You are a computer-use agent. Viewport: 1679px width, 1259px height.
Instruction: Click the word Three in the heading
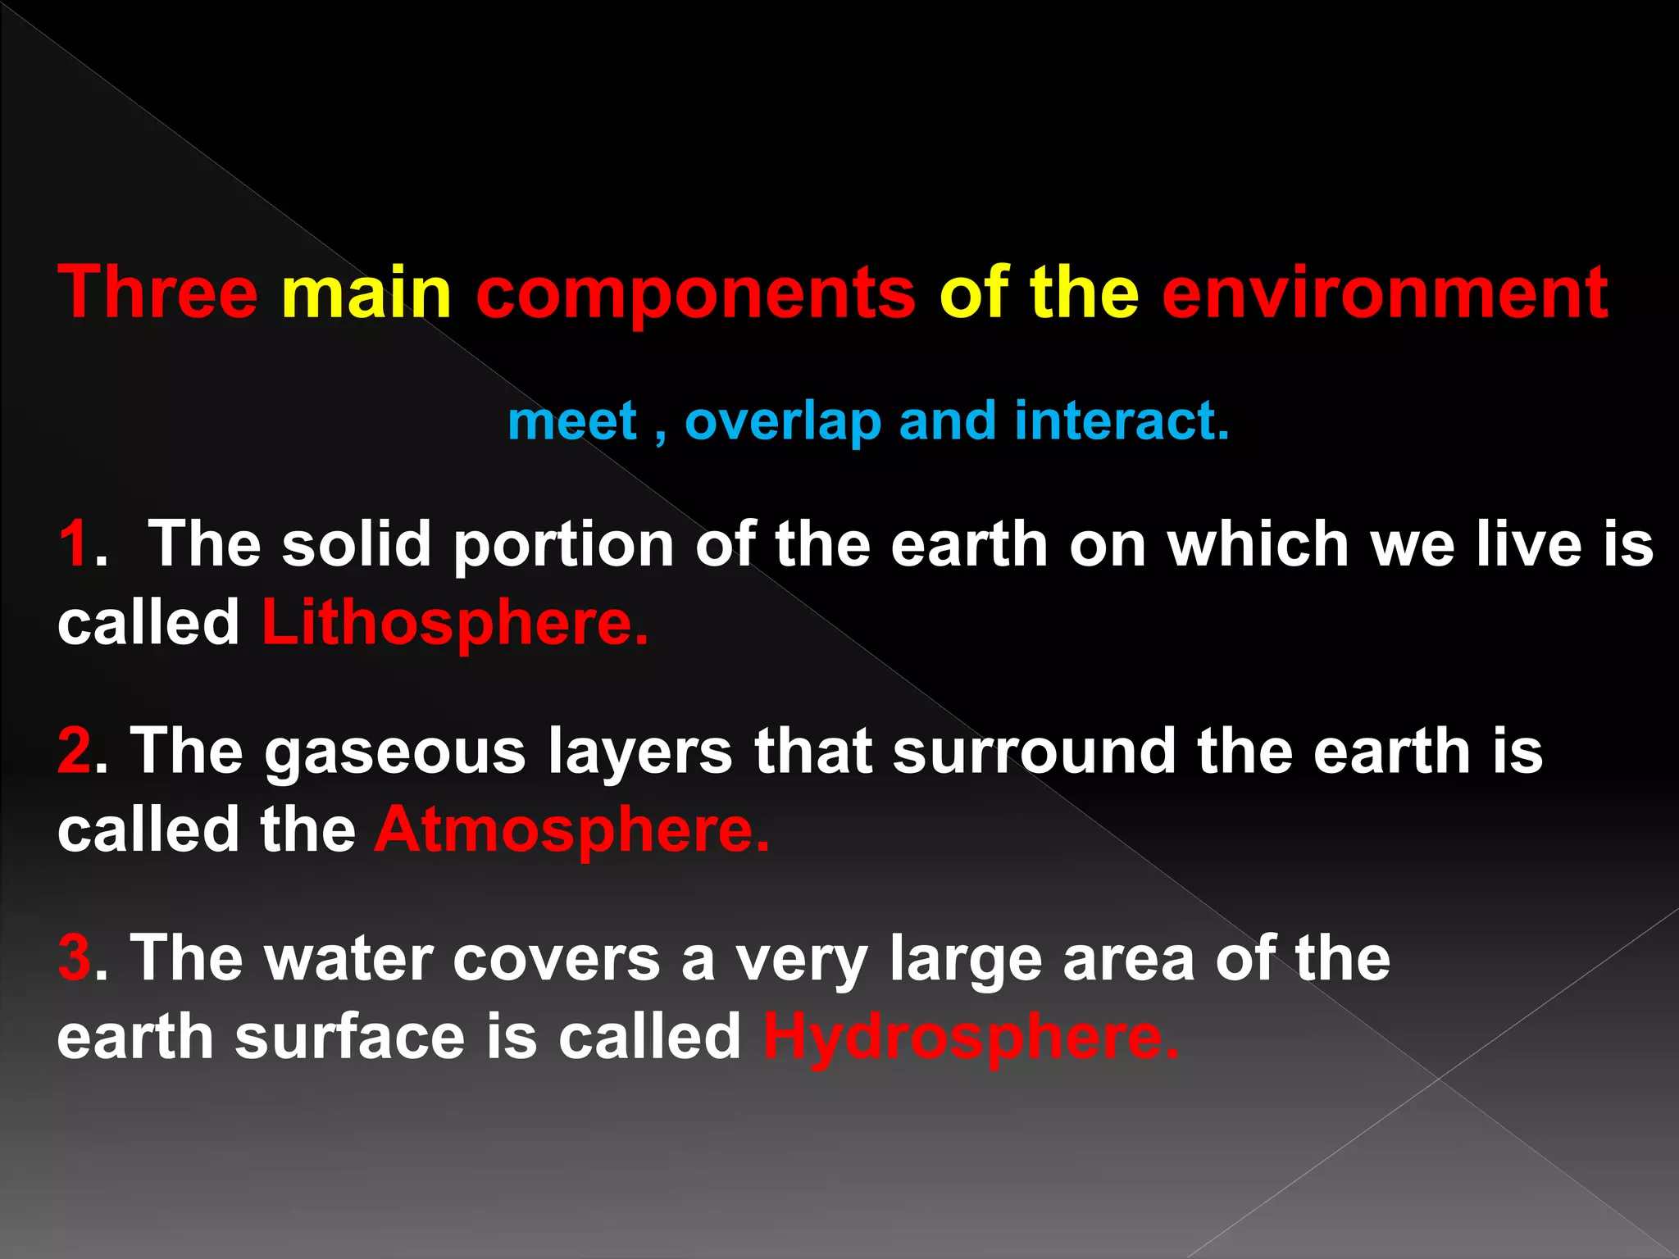click(158, 293)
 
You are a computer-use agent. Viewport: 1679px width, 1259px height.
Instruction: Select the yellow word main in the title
click(366, 293)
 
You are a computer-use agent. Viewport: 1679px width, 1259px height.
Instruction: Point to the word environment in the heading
click(1385, 293)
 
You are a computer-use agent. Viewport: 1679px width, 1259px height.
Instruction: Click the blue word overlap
click(783, 422)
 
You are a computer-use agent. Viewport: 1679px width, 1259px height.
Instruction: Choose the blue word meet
click(572, 421)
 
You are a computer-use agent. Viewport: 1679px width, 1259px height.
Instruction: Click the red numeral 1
click(75, 543)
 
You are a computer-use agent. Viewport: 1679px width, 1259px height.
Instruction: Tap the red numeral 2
click(75, 751)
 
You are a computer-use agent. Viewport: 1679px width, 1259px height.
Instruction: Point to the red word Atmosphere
click(572, 830)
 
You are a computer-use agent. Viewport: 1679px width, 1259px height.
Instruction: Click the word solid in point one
click(357, 543)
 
